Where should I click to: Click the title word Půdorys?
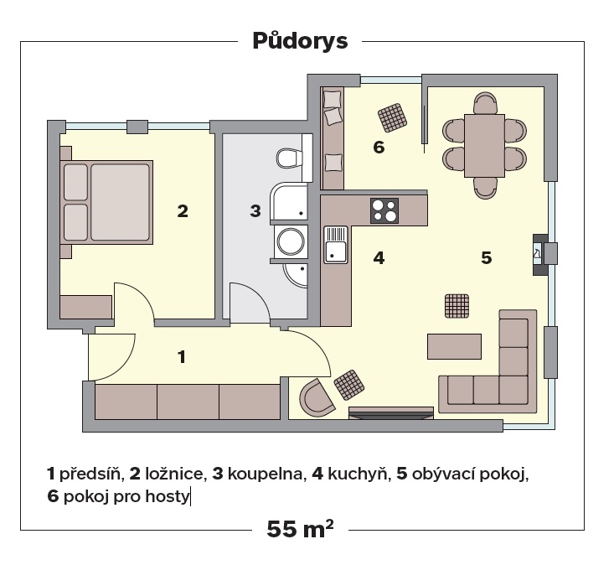pos(301,41)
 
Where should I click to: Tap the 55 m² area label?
pos(301,529)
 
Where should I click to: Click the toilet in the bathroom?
pos(290,158)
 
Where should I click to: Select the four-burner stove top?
pos(384,210)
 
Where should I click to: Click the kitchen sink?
pos(336,245)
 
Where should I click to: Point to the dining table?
pos(484,146)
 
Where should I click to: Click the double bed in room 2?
pos(106,202)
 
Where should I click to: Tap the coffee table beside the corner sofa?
pos(454,346)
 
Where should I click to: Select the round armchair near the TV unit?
pos(317,397)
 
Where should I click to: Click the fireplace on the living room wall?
pos(540,255)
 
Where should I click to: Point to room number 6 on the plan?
pos(379,148)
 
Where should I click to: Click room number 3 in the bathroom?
pos(255,211)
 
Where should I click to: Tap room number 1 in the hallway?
pos(181,357)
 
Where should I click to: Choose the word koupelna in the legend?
pos(266,474)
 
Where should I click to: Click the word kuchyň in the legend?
pos(357,474)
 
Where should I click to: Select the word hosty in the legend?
pos(168,496)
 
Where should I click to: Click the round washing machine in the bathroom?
pos(291,241)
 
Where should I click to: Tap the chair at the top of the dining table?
pos(485,102)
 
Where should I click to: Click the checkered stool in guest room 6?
pos(392,117)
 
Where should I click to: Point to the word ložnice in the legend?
pos(174,474)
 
